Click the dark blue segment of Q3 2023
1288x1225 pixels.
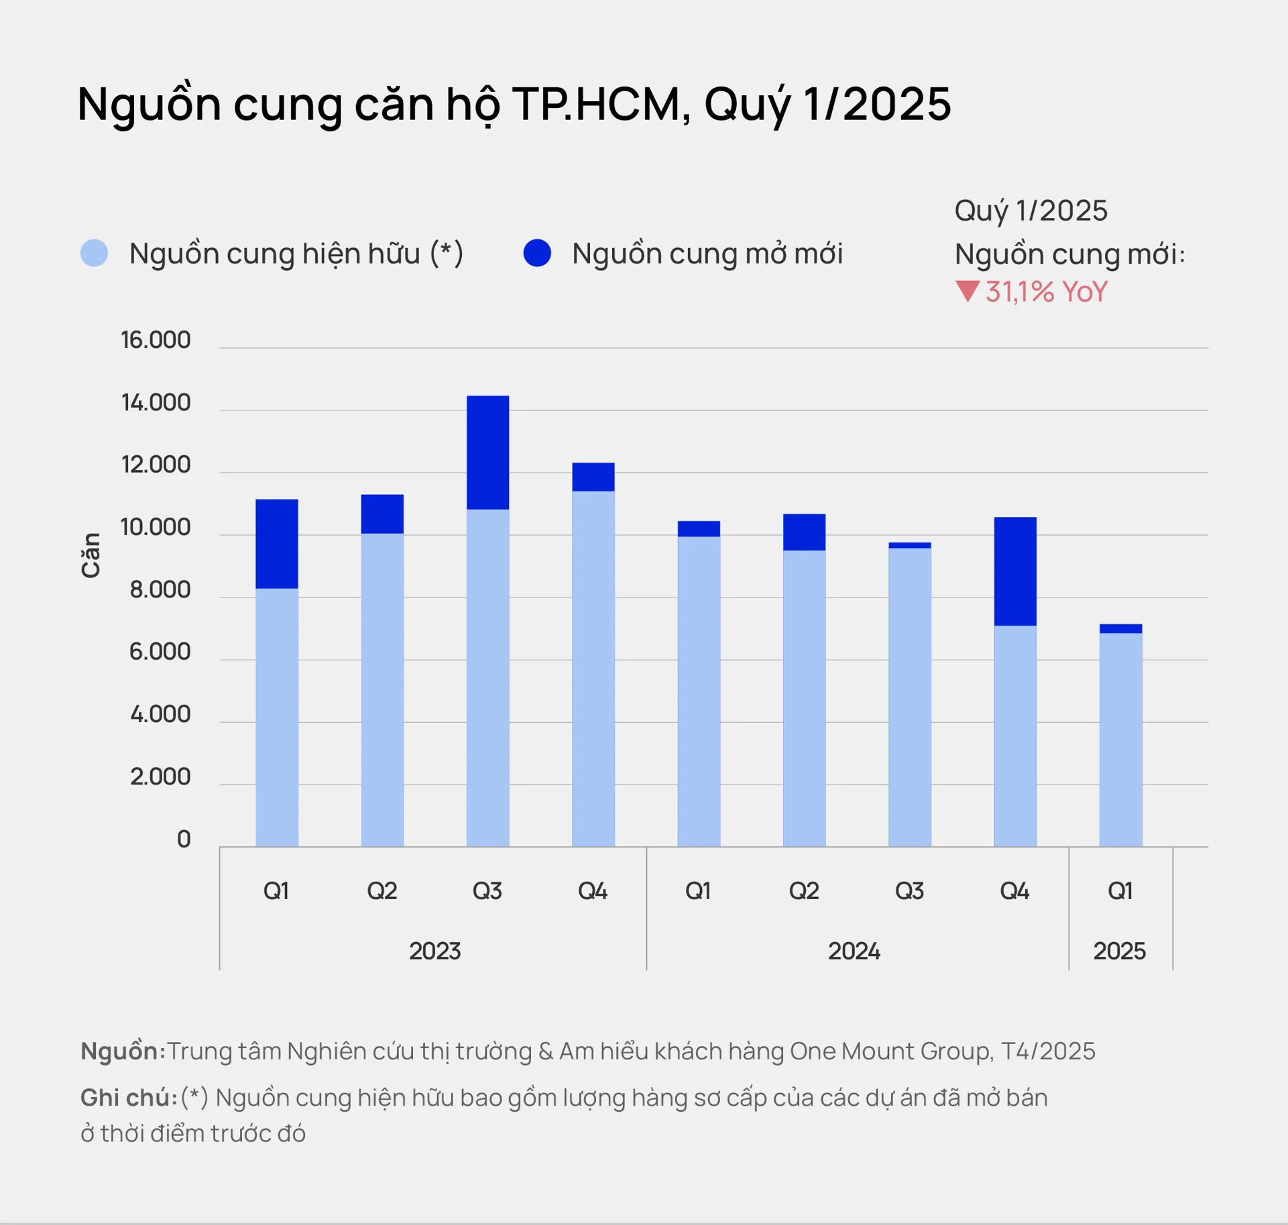pos(487,453)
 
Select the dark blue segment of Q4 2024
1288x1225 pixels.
pos(1015,571)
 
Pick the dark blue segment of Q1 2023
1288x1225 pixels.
pos(277,544)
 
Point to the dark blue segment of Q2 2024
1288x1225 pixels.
pos(804,532)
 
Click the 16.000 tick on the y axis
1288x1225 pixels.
pos(156,340)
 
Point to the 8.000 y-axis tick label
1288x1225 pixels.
pos(160,590)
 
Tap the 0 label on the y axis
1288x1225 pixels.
pos(184,839)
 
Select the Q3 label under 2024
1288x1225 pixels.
pos(909,891)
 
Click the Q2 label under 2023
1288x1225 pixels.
pos(382,891)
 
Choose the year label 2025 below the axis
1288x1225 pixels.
pos(1119,951)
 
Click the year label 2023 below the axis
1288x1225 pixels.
pos(435,951)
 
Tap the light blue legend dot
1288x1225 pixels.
pos(94,253)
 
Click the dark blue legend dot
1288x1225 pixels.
pos(537,253)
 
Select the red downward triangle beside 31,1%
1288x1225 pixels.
pos(968,292)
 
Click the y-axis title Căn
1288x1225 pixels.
pos(91,555)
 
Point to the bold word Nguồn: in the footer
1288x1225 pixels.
pos(123,1051)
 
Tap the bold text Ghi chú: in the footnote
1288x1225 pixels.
pos(129,1098)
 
